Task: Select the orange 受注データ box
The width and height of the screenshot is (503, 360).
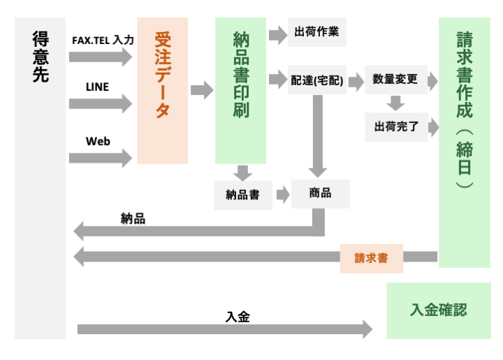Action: tap(162, 91)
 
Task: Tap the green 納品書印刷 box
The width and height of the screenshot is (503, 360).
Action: tap(240, 91)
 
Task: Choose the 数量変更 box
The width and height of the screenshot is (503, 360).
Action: tap(395, 80)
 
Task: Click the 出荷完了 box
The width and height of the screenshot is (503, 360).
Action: tap(395, 127)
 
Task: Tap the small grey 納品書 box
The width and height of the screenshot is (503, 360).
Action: tap(242, 195)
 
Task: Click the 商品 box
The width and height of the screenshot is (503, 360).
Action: tap(320, 194)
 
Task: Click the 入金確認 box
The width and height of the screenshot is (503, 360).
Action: tap(438, 310)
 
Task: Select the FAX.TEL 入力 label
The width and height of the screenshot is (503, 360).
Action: tap(103, 41)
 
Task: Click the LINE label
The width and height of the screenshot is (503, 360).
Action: tap(97, 87)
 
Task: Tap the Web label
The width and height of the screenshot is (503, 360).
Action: tap(98, 141)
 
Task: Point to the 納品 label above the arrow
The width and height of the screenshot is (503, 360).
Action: tap(133, 219)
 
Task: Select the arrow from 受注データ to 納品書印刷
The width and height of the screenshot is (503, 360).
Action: tap(201, 89)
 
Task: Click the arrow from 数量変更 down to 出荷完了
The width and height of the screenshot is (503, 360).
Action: tap(396, 103)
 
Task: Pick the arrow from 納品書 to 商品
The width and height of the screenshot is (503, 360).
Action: tap(282, 195)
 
